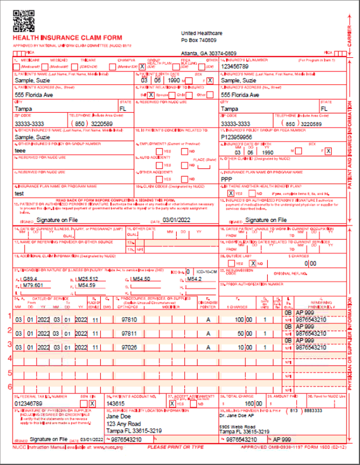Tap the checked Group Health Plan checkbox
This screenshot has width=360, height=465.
[x=141, y=66]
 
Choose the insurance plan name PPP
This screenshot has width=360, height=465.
[x=226, y=179]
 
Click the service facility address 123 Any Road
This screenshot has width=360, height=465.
[x=123, y=424]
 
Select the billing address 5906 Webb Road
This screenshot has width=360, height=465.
[x=239, y=427]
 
